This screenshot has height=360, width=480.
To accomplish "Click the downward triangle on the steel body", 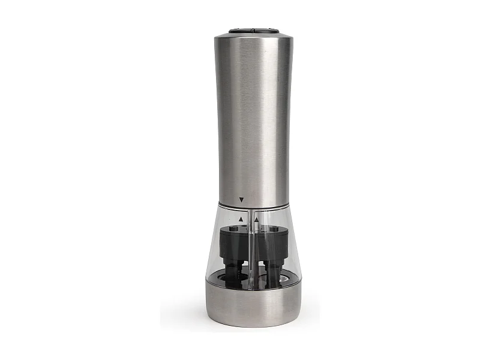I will [241, 199].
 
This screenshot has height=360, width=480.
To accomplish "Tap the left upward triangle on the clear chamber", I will [241, 220].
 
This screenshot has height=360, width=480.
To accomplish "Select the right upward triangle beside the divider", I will [257, 220].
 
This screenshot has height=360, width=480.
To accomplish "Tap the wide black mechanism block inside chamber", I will [252, 240].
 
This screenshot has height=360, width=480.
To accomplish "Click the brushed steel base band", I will [252, 303].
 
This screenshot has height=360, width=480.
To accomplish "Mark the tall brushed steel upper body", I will [252, 120].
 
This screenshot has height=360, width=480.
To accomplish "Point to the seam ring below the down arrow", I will [252, 208].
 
